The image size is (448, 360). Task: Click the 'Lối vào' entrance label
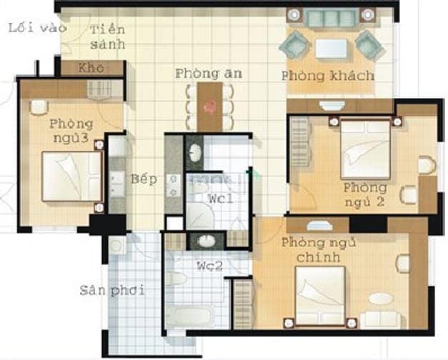click(x=37, y=28)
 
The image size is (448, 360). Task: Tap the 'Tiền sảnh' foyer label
click(x=108, y=37)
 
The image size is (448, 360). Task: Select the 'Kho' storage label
click(x=91, y=68)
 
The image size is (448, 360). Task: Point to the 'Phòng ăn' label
click(x=209, y=74)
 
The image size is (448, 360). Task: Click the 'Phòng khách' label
click(x=328, y=76)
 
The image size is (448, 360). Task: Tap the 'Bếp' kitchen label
click(x=144, y=179)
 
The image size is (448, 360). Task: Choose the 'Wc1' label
click(x=221, y=199)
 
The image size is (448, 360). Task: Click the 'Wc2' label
click(x=209, y=266)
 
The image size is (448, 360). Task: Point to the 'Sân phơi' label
click(x=112, y=291)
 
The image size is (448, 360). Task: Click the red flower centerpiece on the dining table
click(x=210, y=107)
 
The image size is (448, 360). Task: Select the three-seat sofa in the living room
click(x=331, y=18)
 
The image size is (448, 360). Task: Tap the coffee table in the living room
click(x=332, y=49)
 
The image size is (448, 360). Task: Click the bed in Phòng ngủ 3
click(x=72, y=176)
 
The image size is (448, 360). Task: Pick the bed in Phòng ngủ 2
click(x=366, y=149)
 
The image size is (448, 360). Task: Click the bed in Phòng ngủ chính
click(x=320, y=296)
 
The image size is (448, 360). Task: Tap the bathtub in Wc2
click(x=190, y=316)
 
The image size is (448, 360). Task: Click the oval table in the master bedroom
click(x=380, y=299)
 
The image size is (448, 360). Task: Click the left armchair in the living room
click(x=295, y=45)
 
